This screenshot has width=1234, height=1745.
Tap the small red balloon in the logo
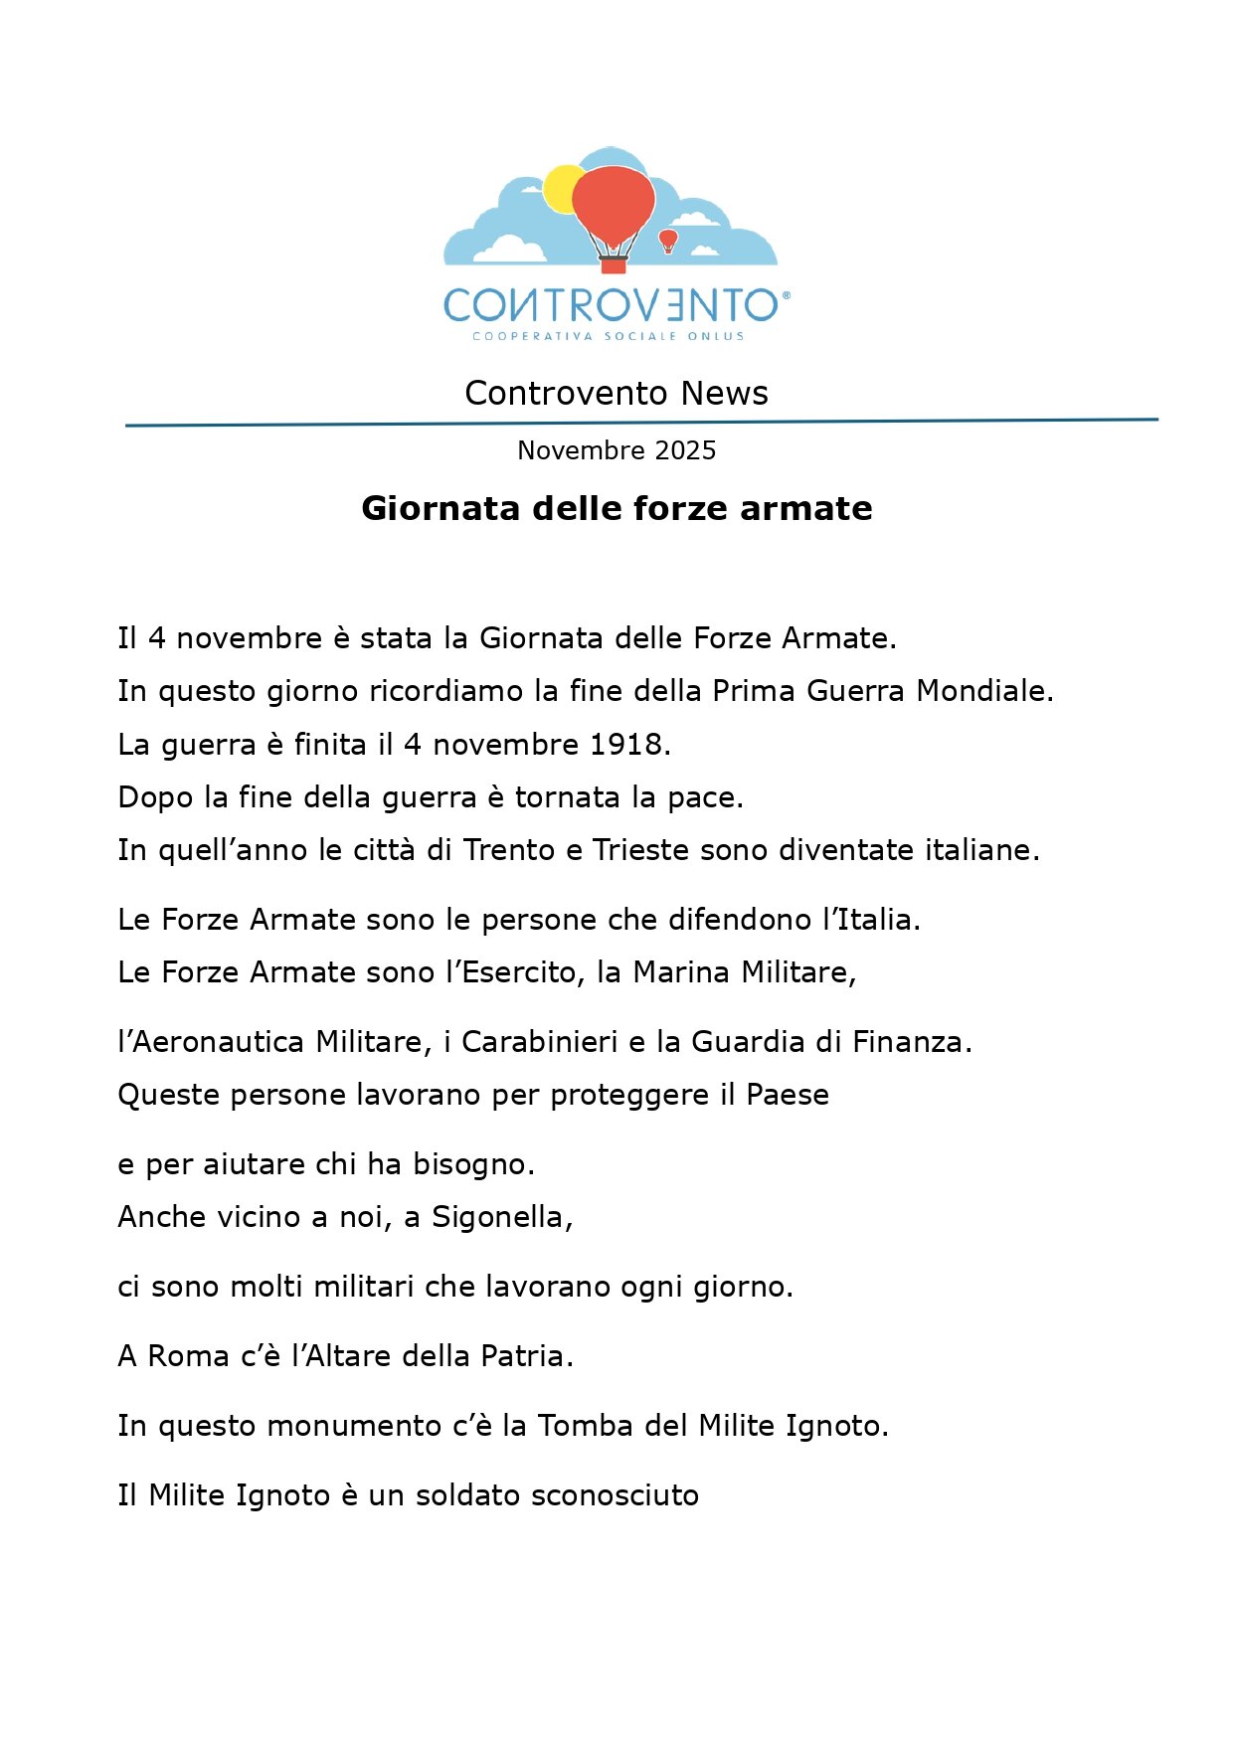668,239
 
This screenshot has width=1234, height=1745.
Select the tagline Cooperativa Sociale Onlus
609,336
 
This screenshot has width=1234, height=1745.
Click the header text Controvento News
617,394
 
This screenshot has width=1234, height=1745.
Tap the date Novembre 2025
617,450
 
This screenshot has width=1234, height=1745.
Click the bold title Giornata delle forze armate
617,508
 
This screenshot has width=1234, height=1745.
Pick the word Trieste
641,850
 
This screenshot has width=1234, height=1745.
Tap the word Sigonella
500,1217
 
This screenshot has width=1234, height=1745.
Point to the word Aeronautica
219,1042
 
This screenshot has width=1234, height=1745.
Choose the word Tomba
586,1426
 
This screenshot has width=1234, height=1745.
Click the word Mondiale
982,691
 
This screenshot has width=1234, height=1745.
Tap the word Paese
788,1095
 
